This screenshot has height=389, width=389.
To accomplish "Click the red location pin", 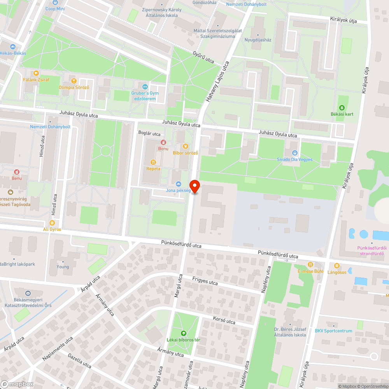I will pos(194,186).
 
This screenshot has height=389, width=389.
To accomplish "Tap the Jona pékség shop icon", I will pos(179,184).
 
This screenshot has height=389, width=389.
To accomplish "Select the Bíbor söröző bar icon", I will pos(186,146).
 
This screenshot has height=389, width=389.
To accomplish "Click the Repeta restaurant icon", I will pos(153,162).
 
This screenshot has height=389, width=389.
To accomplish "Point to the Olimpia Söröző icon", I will pos(74,81).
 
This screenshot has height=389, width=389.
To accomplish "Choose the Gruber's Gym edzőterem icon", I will pos(145,86).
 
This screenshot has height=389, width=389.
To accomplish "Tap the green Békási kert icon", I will pos(342,108).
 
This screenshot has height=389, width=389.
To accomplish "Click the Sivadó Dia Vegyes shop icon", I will pos(294,153).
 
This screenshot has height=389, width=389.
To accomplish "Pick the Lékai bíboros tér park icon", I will pos(184,333).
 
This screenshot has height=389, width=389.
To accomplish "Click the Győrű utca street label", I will pos(203,58).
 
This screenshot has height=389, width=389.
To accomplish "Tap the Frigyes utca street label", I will pos(205,281).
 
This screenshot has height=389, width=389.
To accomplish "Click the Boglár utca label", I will pos(149,134).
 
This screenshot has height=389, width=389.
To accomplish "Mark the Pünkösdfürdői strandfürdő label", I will pos(371,251).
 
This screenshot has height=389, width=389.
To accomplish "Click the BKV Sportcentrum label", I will pos(333,331).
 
